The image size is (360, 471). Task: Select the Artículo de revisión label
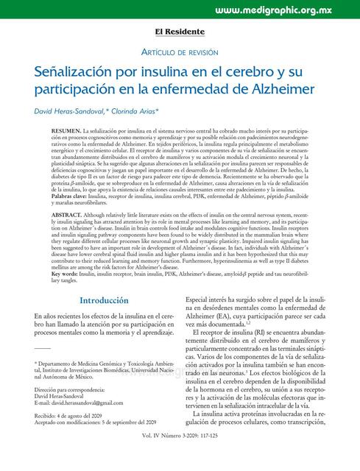pyautogui.click(x=179, y=52)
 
